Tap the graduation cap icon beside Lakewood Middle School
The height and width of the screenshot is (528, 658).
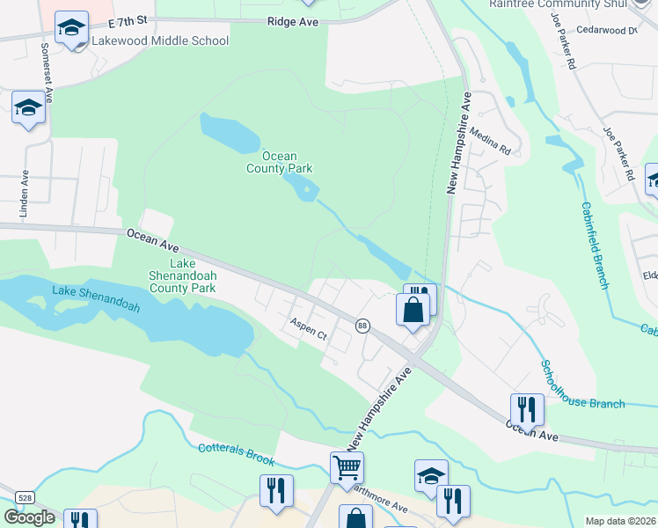click(x=70, y=27)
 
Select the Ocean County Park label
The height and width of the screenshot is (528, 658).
click(x=279, y=162)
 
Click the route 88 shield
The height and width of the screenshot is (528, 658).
click(x=362, y=326)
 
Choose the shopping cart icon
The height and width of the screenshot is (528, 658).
click(x=347, y=467)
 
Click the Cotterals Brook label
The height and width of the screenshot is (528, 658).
click(x=236, y=454)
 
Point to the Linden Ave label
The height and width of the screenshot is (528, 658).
click(x=25, y=194)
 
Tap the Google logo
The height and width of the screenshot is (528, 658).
click(x=30, y=517)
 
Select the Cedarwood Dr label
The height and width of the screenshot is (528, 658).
click(x=607, y=30)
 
